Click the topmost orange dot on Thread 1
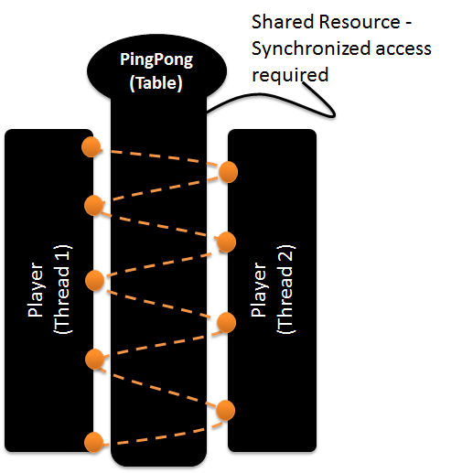click(91, 147)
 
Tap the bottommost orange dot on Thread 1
click(93, 442)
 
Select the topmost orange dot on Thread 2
click(228, 172)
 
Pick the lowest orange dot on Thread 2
click(226, 411)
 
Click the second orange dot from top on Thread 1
click(94, 206)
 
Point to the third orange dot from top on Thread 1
click(95, 280)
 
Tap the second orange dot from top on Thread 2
click(226, 242)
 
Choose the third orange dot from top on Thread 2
click(226, 322)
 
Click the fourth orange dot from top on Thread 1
click(95, 360)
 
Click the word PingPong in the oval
click(156, 59)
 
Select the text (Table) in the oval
click(156, 83)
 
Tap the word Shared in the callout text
click(282, 22)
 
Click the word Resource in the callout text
click(360, 22)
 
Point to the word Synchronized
click(311, 48)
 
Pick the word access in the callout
click(403, 49)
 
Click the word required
click(290, 75)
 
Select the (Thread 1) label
click(63, 289)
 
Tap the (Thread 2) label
click(286, 289)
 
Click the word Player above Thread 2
click(258, 290)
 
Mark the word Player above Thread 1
click(35, 290)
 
